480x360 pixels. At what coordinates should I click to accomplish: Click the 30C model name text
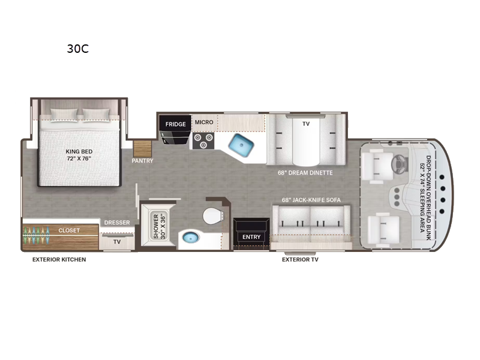point(77,49)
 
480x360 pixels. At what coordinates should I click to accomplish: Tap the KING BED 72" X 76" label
point(78,155)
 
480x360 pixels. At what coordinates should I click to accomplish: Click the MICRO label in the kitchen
point(204,122)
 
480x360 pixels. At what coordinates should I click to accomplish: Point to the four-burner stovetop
point(202,140)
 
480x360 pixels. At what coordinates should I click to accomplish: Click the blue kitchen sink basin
point(241,145)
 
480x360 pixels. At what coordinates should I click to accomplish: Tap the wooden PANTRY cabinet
point(143,147)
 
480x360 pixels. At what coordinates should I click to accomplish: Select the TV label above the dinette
point(306,123)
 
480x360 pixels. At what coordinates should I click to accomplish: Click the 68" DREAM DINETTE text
point(305,173)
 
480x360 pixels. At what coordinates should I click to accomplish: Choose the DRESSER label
point(117,223)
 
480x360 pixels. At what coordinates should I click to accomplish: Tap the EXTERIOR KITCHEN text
point(59,260)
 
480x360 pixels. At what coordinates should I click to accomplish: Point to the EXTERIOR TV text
point(301,260)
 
